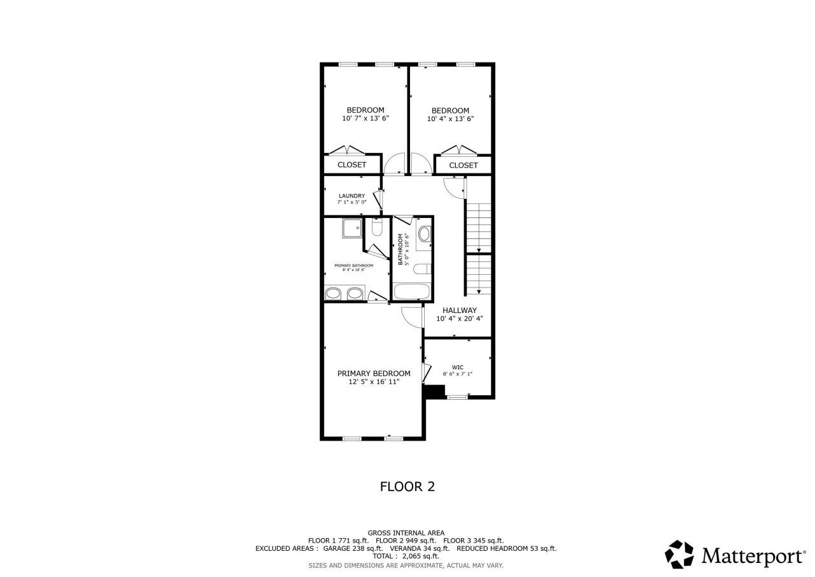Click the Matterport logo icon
point(679,554)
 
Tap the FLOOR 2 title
point(407,486)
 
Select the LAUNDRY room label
point(351,196)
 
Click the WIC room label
point(457,367)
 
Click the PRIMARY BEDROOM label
point(374,373)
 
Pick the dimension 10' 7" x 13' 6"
point(365,119)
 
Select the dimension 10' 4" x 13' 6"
point(450,119)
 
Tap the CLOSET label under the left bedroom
point(351,164)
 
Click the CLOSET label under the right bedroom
point(463,165)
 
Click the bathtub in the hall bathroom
point(412,292)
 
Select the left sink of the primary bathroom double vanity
point(334,294)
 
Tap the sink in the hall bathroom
point(424,233)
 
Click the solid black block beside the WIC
point(435,392)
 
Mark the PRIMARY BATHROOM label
point(353,265)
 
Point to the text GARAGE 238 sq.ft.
point(353,548)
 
